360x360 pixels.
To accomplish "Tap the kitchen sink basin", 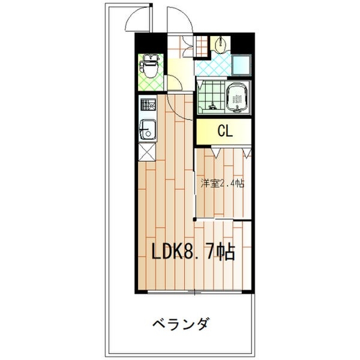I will (x=148, y=127).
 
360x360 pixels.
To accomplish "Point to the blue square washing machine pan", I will (x=243, y=65).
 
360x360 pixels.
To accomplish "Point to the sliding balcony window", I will (x=195, y=292).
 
